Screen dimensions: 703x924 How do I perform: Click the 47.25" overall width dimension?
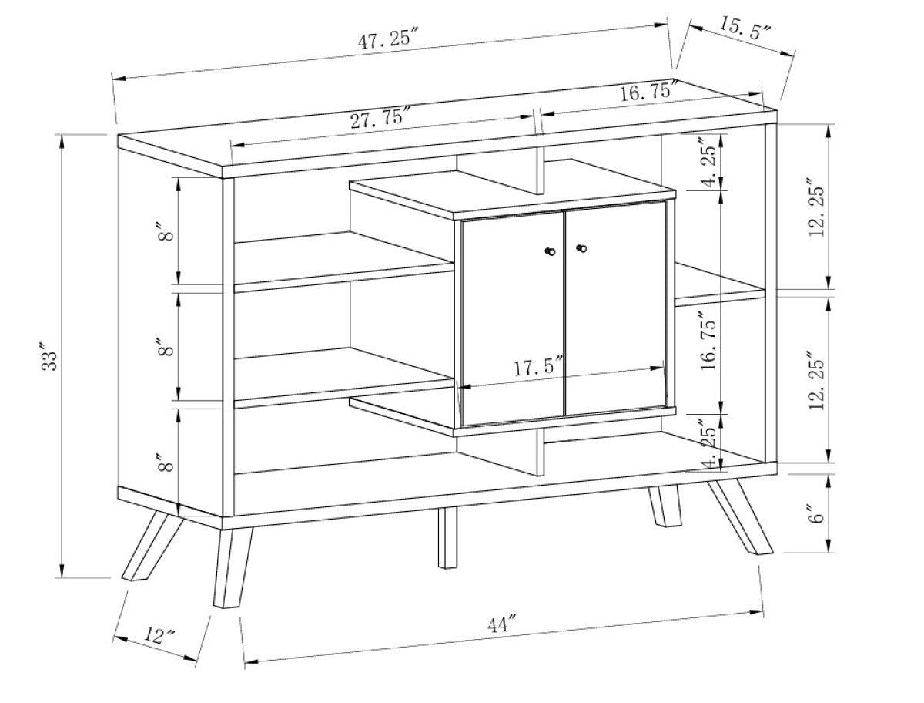(388, 40)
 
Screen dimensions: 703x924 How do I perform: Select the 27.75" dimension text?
(380, 119)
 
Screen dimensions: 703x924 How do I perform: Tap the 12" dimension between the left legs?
(159, 636)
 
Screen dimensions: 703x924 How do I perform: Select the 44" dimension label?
(501, 624)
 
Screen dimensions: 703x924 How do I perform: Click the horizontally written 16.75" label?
(648, 93)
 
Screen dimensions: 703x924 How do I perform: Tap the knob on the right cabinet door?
(581, 248)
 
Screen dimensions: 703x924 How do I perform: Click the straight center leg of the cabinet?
(447, 537)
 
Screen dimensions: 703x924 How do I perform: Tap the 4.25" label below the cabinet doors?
(709, 443)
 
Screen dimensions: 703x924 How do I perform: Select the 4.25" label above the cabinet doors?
(709, 163)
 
